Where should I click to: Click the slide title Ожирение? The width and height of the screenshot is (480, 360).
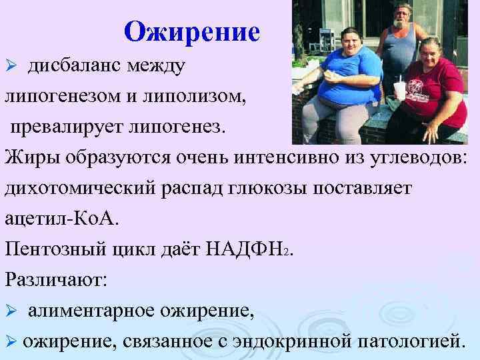coord(192,31)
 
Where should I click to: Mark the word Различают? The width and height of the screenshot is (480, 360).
coord(55,278)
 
